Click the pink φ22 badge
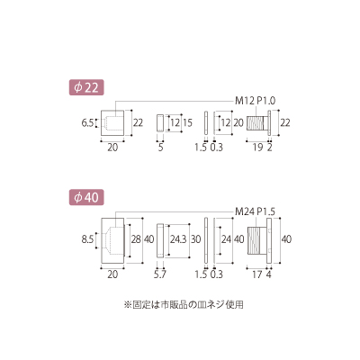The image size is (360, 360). [x=86, y=87]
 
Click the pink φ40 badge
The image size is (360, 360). [x=86, y=198]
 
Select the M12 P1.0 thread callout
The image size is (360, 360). [x=255, y=101]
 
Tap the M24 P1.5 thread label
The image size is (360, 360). [x=255, y=211]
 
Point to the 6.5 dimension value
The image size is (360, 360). [x=87, y=123]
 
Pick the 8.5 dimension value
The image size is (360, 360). [x=87, y=239]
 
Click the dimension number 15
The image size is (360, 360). [x=187, y=122]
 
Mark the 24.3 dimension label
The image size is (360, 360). [x=178, y=239]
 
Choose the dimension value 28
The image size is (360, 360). [x=136, y=239]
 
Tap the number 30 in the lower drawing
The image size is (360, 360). [x=195, y=239]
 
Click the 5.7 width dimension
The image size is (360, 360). [x=160, y=274]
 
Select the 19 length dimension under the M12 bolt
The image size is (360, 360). [x=258, y=148]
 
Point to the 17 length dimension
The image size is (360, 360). [x=257, y=274]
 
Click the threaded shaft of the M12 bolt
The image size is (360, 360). [x=255, y=122]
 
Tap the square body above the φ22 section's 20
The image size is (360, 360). [x=112, y=123]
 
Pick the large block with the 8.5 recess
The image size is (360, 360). [x=112, y=240]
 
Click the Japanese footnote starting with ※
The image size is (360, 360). [x=184, y=305]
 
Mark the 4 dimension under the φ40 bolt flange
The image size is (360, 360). [x=269, y=274]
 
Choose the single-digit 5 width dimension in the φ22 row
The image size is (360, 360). [x=160, y=148]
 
